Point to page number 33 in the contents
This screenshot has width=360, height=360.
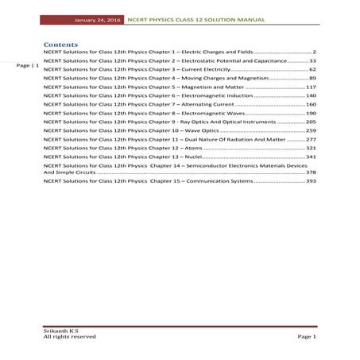[x=312, y=60]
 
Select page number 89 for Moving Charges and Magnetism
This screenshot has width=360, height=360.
[x=312, y=79]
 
